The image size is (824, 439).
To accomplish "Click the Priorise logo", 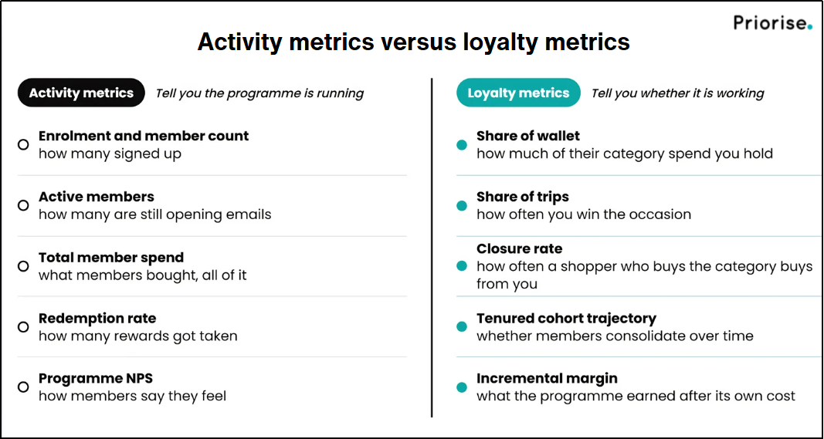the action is pyautogui.click(x=772, y=22).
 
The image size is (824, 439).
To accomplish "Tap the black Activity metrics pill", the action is pyautogui.click(x=81, y=93).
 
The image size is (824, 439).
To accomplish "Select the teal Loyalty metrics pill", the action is pyautogui.click(x=518, y=93).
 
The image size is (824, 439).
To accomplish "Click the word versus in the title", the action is pyautogui.click(x=411, y=42).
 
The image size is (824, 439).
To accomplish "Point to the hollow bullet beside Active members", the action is pyautogui.click(x=23, y=205).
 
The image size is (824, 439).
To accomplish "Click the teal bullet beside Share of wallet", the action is pyautogui.click(x=462, y=145).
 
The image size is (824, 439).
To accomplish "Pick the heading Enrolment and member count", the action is pyautogui.click(x=144, y=136).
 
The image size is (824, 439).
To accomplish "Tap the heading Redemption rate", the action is pyautogui.click(x=97, y=318).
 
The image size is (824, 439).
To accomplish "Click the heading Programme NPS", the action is pyautogui.click(x=96, y=379).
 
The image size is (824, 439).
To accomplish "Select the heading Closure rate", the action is pyautogui.click(x=519, y=248).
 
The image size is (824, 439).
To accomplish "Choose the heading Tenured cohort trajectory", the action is pyautogui.click(x=567, y=318).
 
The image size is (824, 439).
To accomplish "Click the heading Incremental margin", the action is pyautogui.click(x=547, y=379).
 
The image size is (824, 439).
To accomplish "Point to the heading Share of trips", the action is pyautogui.click(x=522, y=197).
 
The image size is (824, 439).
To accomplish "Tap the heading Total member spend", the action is pyautogui.click(x=111, y=258).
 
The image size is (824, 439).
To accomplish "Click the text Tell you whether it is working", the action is pyautogui.click(x=677, y=93).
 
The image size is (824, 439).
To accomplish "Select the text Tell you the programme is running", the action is pyautogui.click(x=259, y=93).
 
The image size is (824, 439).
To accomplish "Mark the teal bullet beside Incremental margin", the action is pyautogui.click(x=462, y=387).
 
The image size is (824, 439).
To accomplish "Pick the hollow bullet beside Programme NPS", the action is pyautogui.click(x=23, y=387).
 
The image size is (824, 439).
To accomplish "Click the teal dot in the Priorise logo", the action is pyautogui.click(x=809, y=27).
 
